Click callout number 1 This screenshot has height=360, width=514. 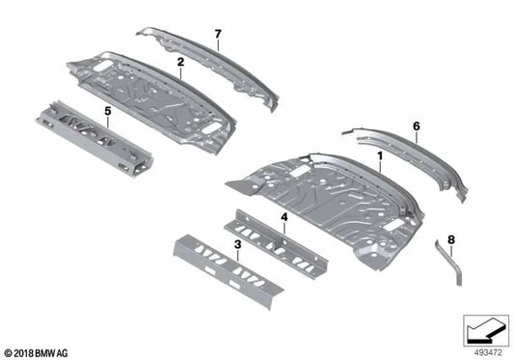coord(380,154)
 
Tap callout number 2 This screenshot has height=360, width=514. coord(180,61)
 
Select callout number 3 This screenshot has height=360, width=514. coord(237,247)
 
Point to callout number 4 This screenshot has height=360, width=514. coord(284,218)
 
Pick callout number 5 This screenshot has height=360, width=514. coord(108,111)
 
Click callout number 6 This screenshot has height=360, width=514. coord(416,125)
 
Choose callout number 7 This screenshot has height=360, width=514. coord(218,35)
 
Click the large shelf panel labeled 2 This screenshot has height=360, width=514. coord(154,97)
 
